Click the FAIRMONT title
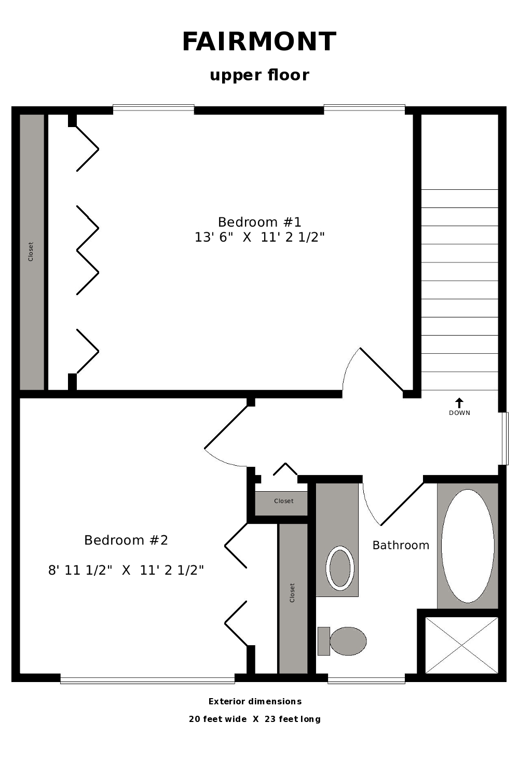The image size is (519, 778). (x=259, y=41)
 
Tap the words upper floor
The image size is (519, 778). (x=259, y=75)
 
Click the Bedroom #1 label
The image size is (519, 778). (x=259, y=222)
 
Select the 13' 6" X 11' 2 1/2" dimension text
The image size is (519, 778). (x=259, y=238)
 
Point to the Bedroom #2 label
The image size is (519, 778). (x=126, y=540)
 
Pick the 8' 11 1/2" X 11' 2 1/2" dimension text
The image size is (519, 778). (x=126, y=571)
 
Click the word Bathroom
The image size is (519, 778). (x=401, y=546)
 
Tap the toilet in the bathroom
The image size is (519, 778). (x=342, y=641)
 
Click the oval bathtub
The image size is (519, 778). (x=468, y=546)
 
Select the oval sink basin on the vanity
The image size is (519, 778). (x=339, y=568)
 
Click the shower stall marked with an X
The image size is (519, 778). (x=461, y=645)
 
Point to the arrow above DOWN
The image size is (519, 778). (x=459, y=403)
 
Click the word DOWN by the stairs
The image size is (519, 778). (x=459, y=413)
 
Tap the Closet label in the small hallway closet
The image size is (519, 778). (x=284, y=501)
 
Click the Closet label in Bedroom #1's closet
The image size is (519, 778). (x=31, y=252)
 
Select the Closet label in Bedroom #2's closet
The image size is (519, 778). (x=292, y=593)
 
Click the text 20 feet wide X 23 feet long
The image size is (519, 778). (x=255, y=719)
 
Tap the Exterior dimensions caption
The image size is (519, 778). (x=255, y=701)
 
